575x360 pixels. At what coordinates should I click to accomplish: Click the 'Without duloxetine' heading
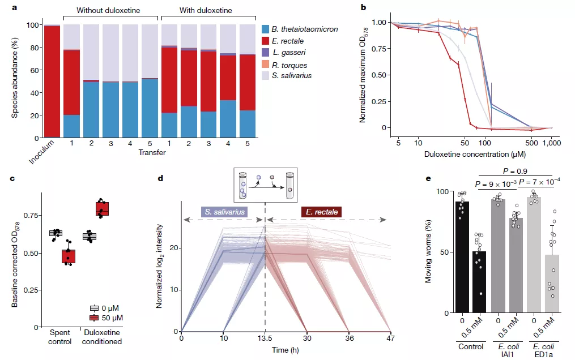coord(110,10)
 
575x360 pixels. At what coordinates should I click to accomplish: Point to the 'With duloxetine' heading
coord(206,10)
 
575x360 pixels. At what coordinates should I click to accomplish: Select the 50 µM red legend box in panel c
coord(95,318)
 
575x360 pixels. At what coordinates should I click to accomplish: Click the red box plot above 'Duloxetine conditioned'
coord(102,209)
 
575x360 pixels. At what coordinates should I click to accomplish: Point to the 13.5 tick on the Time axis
coord(265,338)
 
